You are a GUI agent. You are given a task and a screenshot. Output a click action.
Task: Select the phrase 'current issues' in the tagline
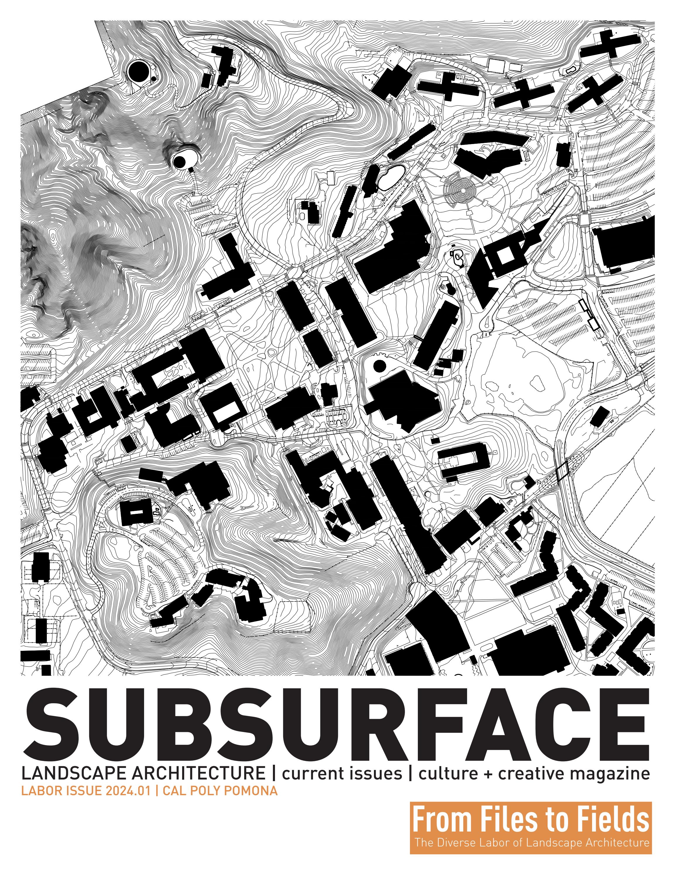[342, 773]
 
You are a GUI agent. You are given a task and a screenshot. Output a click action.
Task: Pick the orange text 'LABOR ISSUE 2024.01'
[86, 791]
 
